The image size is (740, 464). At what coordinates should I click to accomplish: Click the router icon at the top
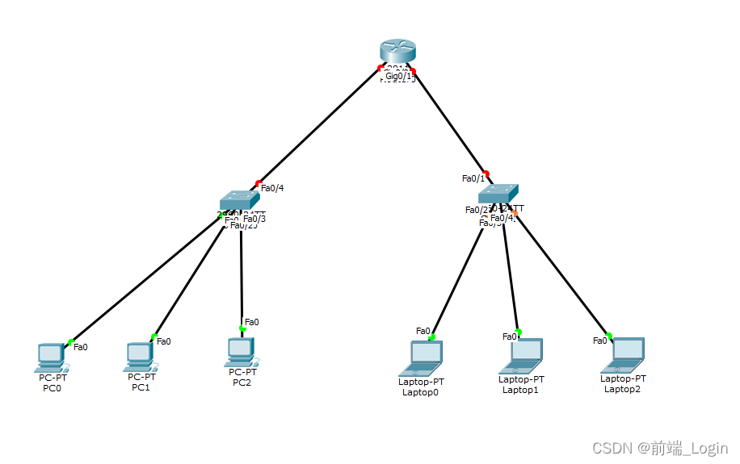[x=397, y=51]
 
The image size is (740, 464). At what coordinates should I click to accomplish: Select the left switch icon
[x=239, y=199]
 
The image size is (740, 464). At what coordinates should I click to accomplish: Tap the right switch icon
[x=497, y=194]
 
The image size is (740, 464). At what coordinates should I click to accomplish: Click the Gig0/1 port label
[x=398, y=76]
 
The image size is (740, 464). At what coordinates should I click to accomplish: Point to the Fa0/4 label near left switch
[x=272, y=188]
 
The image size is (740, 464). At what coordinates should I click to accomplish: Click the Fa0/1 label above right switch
[x=473, y=178]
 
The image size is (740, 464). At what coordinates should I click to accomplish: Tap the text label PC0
[x=52, y=388]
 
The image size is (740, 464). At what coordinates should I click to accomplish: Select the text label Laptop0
[x=420, y=392]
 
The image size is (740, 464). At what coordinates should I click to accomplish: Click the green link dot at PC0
[x=70, y=342]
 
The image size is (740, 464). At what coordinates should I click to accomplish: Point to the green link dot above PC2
[x=242, y=328]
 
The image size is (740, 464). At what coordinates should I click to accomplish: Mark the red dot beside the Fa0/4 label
[x=259, y=183]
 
